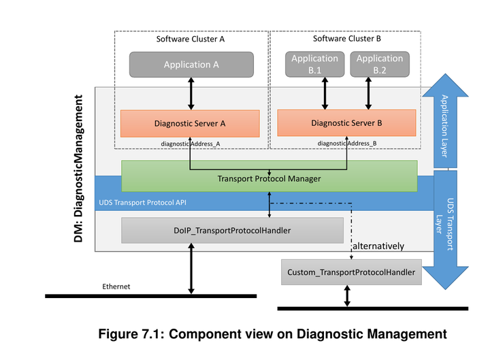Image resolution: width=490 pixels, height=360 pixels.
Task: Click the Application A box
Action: [191, 65]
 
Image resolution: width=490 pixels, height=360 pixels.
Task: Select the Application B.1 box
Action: [314, 64]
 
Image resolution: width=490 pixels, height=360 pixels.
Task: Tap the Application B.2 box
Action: [379, 64]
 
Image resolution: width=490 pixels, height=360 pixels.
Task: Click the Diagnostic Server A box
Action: [190, 124]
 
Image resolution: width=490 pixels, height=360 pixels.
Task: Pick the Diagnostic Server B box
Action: [346, 122]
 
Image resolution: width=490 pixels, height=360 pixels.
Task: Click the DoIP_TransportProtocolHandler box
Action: [232, 231]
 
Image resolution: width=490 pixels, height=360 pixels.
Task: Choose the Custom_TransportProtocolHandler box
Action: [351, 272]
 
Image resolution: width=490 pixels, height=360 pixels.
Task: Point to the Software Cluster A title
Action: [191, 39]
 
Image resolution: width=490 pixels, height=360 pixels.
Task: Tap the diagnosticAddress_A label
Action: [191, 144]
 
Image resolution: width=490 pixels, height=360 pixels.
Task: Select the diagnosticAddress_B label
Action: [347, 143]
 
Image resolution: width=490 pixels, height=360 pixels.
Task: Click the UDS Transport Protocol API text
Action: [143, 203]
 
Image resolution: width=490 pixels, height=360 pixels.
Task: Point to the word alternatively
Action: [378, 246]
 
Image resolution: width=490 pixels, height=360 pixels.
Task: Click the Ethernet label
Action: [116, 287]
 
